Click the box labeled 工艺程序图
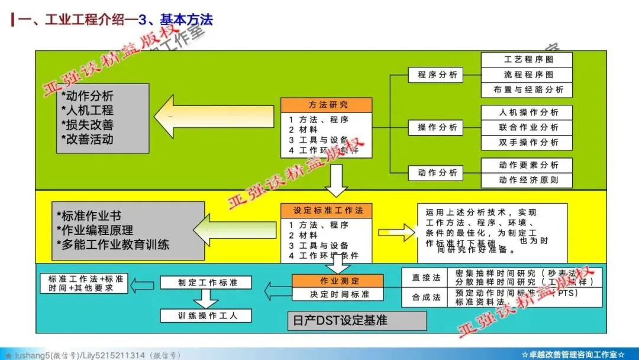(x=527, y=60)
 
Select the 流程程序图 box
(x=527, y=75)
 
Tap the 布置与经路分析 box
(x=527, y=90)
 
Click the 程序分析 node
(x=437, y=75)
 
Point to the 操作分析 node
(x=437, y=127)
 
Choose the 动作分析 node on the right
(x=437, y=173)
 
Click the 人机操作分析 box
(x=527, y=112)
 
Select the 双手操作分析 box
(x=527, y=143)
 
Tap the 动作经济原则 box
(x=527, y=180)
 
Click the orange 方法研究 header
(x=327, y=105)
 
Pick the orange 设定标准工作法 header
(x=327, y=211)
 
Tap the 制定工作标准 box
(x=206, y=283)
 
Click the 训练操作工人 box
(x=206, y=316)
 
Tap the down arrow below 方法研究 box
(x=336, y=180)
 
